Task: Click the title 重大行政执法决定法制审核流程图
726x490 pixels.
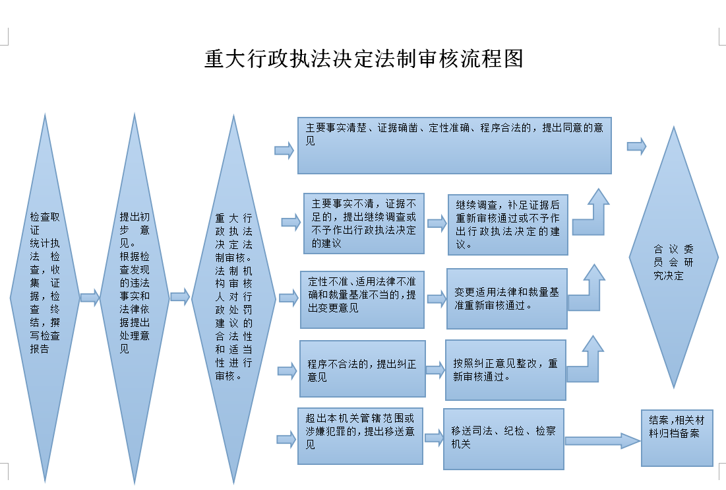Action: pos(363,59)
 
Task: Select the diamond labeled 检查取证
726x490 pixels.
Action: pos(45,297)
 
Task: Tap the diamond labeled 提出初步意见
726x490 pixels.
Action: pos(135,297)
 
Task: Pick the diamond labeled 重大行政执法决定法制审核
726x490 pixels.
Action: pos(233,297)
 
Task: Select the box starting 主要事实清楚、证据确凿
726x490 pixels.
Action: pos(454,145)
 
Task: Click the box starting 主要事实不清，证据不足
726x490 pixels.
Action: pos(363,223)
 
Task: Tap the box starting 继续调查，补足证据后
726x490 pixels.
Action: pos(507,225)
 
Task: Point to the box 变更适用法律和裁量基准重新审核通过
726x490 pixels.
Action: pos(506,298)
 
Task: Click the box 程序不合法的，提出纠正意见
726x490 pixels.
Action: pos(362,368)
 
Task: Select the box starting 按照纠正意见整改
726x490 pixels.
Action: pos(505,370)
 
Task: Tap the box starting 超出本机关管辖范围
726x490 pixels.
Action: pos(360,437)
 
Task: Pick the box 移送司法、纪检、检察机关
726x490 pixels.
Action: pos(503,438)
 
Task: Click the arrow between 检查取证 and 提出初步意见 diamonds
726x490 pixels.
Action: pos(90,298)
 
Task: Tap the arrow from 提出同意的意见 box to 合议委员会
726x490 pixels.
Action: pos(636,147)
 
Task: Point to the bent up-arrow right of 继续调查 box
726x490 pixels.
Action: pos(591,215)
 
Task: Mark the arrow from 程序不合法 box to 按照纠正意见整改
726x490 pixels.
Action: pos(435,369)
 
